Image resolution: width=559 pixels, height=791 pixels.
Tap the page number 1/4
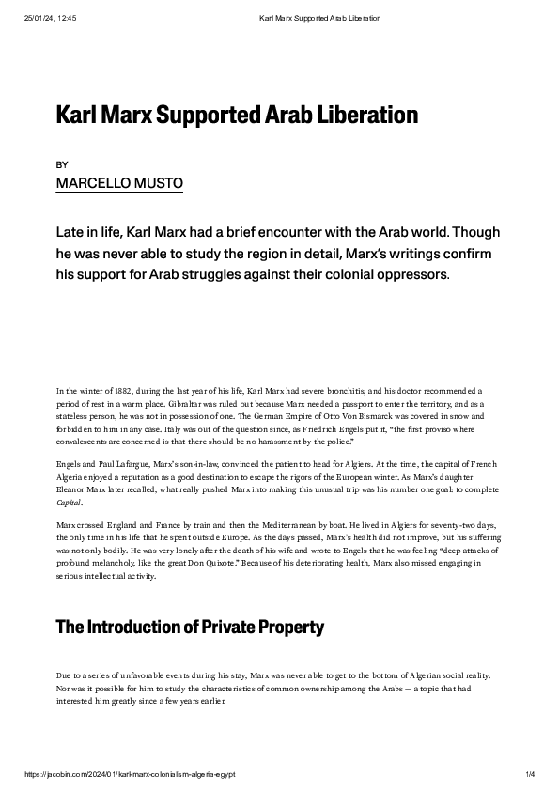point(529,774)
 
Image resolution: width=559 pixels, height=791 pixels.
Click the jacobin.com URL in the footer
point(131,774)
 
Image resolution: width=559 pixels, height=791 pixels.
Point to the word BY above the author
point(62,163)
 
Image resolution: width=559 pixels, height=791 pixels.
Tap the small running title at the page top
point(319,18)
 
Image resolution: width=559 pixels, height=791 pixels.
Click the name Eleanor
point(73,490)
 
